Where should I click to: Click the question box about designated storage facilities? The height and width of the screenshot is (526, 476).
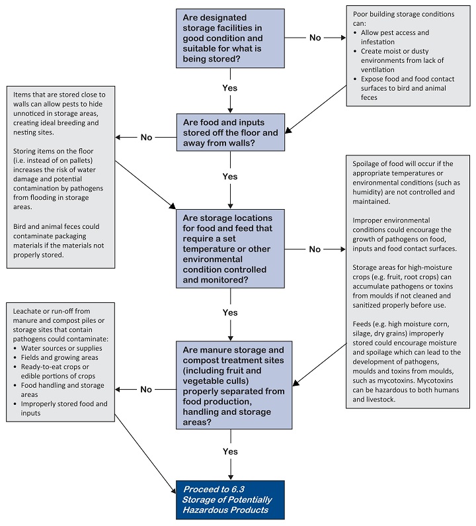tap(230, 38)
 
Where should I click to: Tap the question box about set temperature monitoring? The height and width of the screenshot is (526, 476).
tap(230, 248)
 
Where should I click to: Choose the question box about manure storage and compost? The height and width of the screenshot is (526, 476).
tap(230, 384)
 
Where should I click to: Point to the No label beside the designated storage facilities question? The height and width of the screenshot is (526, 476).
tap(315, 38)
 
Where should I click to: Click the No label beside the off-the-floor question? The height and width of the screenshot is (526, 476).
tap(146, 138)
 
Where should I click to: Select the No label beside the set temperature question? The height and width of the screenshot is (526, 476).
tap(315, 249)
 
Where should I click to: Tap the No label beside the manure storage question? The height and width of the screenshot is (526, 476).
tap(146, 390)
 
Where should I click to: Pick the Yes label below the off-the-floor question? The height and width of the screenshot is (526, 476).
tap(230, 177)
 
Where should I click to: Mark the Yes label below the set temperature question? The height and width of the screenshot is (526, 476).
tap(230, 312)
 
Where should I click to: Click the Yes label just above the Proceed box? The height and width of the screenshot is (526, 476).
tap(230, 451)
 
